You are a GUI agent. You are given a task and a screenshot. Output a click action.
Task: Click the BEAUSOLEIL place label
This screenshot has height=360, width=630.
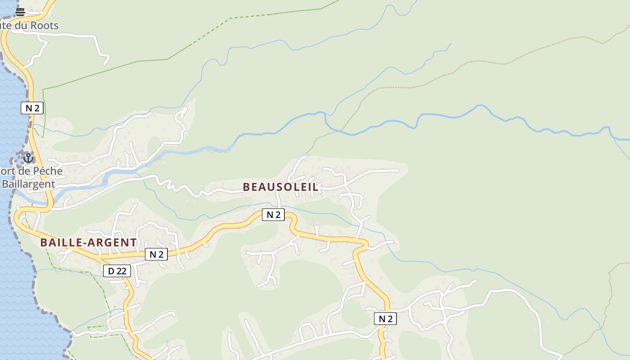click(281, 187)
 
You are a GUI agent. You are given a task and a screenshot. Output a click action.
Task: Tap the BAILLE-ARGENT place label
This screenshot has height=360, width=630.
click(88, 243)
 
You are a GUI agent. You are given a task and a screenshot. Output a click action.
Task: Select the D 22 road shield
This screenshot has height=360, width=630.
click(117, 270)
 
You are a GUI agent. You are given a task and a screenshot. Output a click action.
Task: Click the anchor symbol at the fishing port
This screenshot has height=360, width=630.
click(28, 158)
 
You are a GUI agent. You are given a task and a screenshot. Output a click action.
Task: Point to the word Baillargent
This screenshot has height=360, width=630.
click(28, 184)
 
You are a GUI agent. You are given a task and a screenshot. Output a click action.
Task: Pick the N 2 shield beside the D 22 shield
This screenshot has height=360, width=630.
click(156, 254)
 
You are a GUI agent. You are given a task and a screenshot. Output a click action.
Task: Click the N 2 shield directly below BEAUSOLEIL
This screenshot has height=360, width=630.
click(273, 215)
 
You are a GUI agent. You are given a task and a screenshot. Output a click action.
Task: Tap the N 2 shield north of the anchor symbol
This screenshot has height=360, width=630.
click(32, 108)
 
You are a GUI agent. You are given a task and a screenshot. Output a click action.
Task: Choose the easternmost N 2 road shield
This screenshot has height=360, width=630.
click(385, 319)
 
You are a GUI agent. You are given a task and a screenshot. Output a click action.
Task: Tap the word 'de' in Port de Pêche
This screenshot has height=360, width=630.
click(24, 171)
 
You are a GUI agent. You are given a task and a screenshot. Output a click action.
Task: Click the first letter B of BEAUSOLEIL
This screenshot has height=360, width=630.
click(246, 187)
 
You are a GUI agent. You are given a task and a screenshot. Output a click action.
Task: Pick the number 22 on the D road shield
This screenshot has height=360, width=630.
click(121, 270)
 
